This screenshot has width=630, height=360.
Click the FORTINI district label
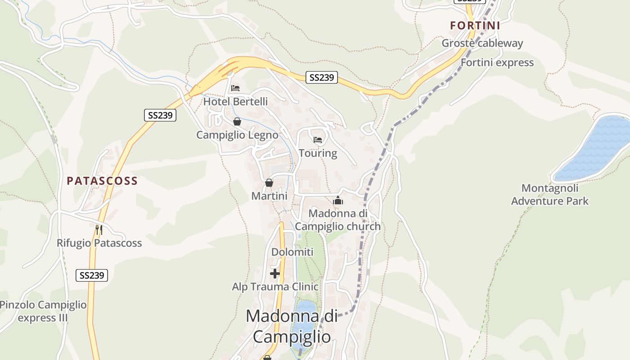coord(475,26)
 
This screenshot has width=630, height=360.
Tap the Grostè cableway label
coord(482,43)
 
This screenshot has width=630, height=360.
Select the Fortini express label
coord(497,63)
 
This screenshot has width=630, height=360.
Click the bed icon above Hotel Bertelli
coord(235,88)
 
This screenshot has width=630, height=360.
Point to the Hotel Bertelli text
coord(235,102)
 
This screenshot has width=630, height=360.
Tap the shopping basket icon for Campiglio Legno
coord(237,121)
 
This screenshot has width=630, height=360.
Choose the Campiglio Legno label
coord(237,135)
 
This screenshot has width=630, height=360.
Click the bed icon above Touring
coord(318,140)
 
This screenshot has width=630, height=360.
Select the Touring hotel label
coord(318,153)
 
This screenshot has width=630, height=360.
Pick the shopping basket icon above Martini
coord(269,183)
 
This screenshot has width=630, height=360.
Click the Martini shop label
coord(269,196)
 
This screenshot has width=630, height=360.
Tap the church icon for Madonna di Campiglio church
coord(338,201)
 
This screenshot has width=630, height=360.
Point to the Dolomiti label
coord(292,252)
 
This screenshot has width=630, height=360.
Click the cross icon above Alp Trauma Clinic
coord(275,273)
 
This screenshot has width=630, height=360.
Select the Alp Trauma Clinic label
coord(275,287)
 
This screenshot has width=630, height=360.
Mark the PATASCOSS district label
coord(102,181)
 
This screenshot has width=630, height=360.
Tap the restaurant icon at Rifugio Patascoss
coord(99,230)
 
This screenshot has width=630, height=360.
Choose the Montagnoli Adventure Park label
coord(549,194)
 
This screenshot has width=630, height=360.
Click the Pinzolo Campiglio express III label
coord(43,311)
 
